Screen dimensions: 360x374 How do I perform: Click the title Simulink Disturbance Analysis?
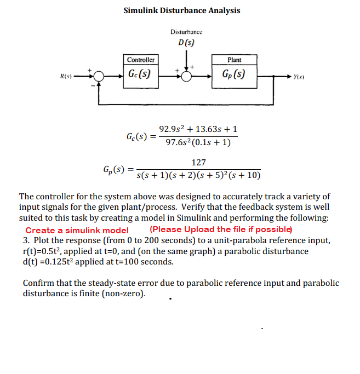[181, 10]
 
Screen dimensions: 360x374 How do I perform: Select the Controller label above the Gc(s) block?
[141, 60]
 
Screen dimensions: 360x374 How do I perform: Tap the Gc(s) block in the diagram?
[141, 73]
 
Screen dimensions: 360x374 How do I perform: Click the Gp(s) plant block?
[233, 73]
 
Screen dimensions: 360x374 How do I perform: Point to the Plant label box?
[234, 60]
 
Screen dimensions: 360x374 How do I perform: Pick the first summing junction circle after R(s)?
[99, 76]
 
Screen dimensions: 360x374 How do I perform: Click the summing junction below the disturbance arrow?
[187, 76]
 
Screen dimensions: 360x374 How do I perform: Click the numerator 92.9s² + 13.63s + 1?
[198, 130]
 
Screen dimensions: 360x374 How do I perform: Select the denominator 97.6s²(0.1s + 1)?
[198, 143]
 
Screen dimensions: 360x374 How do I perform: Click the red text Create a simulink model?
[77, 230]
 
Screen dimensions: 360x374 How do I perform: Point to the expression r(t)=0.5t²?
[44, 251]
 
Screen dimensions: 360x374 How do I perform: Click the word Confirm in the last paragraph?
[39, 283]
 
